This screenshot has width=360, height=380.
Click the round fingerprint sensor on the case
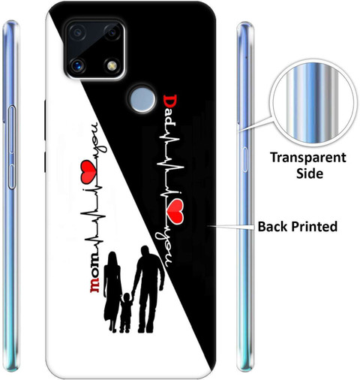click(x=142, y=99)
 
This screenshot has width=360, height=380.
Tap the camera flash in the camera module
click(x=112, y=65)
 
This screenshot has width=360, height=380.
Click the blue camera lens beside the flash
click(x=77, y=65)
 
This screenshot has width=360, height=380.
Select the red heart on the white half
click(x=88, y=171)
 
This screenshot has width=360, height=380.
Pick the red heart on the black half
click(x=175, y=212)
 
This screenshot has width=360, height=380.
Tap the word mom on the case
click(x=94, y=277)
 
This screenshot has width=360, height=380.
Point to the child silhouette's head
click(x=127, y=297)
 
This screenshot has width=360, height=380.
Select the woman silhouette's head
click(x=112, y=257)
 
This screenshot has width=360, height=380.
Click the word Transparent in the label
click(x=308, y=158)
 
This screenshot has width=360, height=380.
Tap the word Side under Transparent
click(x=310, y=173)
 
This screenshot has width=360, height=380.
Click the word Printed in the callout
click(x=315, y=227)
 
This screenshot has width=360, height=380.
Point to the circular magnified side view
click(x=313, y=105)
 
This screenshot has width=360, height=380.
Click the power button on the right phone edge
click(x=244, y=160)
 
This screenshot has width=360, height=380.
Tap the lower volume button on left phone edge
click(x=11, y=176)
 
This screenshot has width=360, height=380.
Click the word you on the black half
click(x=163, y=249)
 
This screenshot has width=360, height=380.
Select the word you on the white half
click(x=99, y=137)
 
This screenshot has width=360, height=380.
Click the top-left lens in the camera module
click(x=77, y=32)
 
